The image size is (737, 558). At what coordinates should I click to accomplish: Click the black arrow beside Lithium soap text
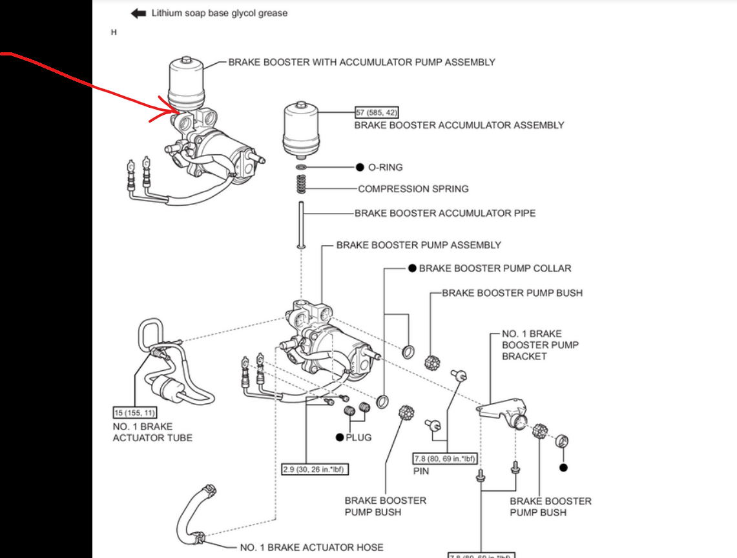click(x=138, y=13)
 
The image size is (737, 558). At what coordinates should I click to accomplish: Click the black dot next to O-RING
click(x=360, y=167)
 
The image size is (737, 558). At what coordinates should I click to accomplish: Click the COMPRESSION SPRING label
click(x=413, y=189)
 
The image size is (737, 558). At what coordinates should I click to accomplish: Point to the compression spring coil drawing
click(x=301, y=184)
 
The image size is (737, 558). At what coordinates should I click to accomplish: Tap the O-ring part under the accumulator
click(x=301, y=168)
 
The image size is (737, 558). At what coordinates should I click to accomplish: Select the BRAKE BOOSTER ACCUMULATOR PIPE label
click(x=445, y=213)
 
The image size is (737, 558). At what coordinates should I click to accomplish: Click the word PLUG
click(x=358, y=437)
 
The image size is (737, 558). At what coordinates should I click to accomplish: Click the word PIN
click(x=421, y=472)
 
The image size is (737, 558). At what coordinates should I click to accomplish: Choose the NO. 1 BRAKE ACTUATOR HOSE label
click(x=311, y=547)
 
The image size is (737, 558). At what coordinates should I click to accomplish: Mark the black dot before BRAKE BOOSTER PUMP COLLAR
click(x=411, y=268)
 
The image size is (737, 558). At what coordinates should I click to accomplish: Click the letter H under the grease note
click(x=114, y=32)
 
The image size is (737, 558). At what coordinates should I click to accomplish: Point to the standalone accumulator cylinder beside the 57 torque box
click(x=301, y=129)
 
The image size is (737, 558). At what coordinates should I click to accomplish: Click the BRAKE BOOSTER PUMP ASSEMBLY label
click(x=419, y=245)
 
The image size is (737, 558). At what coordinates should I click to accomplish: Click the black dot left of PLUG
click(x=340, y=437)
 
